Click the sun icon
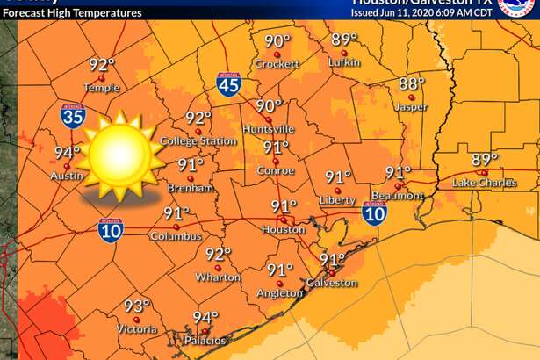coord(119,155)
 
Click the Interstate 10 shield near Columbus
coord(111,227)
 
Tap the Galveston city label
coord(332,283)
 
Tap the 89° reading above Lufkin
coord(345,40)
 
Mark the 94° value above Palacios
coord(205,318)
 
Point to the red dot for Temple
coord(101,77)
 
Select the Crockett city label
coord(277,64)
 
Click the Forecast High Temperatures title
coord(72,13)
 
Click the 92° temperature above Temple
coord(102,64)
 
